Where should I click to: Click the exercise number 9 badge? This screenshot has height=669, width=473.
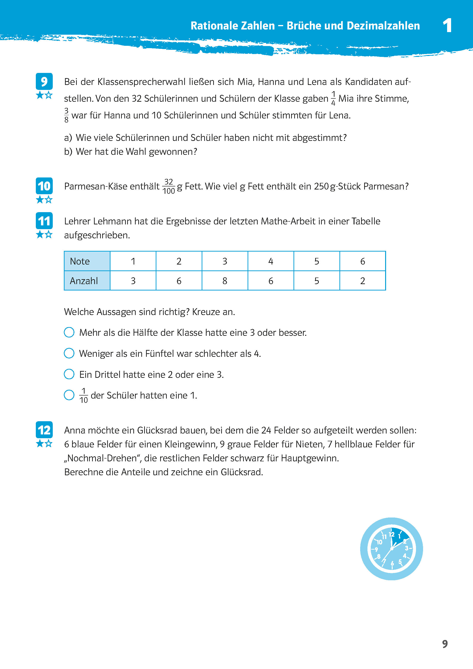tap(44, 81)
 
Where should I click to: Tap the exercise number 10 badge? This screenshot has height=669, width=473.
tap(44, 186)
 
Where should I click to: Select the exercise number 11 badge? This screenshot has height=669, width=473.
tap(44, 221)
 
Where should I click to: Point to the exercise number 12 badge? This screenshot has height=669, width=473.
tap(44, 430)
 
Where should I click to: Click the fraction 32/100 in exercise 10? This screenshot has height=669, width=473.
tap(169, 186)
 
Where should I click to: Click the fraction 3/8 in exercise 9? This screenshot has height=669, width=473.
tap(66, 115)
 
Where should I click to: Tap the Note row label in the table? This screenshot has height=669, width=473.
tap(87, 261)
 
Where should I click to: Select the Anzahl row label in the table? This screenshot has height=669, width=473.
tap(87, 281)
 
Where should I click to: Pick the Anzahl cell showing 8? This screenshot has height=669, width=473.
tap(224, 281)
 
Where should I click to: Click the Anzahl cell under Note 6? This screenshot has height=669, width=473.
tap(362, 281)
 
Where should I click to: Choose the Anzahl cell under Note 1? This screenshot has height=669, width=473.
tap(133, 281)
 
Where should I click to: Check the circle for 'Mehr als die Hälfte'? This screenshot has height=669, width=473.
tap(69, 332)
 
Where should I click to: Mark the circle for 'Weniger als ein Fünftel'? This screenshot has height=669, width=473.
tap(69, 353)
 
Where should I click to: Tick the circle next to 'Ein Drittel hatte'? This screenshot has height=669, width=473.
tap(69, 374)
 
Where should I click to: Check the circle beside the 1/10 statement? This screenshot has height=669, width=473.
tap(69, 395)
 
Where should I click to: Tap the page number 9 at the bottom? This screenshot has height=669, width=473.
tap(445, 644)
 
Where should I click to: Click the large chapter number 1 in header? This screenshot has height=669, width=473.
tap(447, 25)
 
